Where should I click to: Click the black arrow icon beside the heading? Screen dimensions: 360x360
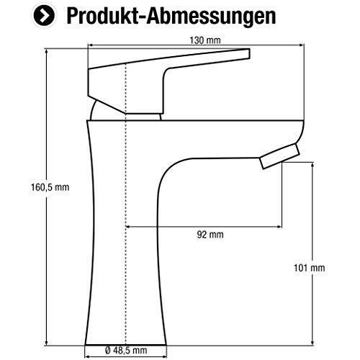click(44, 16)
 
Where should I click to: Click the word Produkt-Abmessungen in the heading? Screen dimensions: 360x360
click(171, 16)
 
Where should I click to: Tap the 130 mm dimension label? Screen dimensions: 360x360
click(205, 40)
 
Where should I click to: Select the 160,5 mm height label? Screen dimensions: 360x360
click(50, 187)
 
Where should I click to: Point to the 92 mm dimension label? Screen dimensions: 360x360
click(210, 235)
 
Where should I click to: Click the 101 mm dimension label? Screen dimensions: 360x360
click(310, 268)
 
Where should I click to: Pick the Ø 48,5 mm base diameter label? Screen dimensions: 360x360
click(126, 351)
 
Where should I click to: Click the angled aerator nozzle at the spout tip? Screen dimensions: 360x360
click(280, 156)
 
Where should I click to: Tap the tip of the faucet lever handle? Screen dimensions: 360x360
click(250, 53)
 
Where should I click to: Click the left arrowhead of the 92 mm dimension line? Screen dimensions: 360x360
click(127, 227)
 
